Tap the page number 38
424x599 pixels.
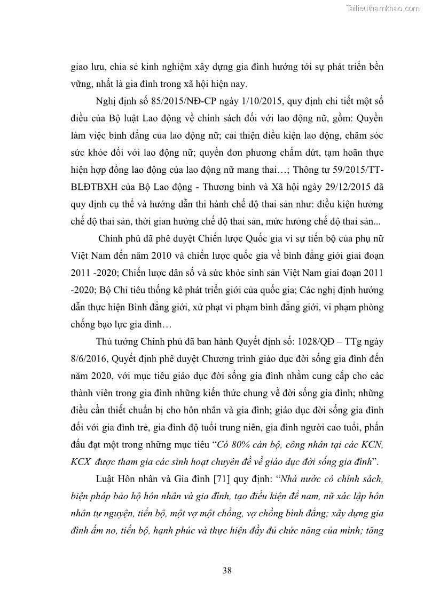click(x=227, y=570)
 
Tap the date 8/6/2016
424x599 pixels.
click(x=89, y=359)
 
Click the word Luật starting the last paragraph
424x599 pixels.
click(x=106, y=478)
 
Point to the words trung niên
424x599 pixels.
click(x=257, y=428)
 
